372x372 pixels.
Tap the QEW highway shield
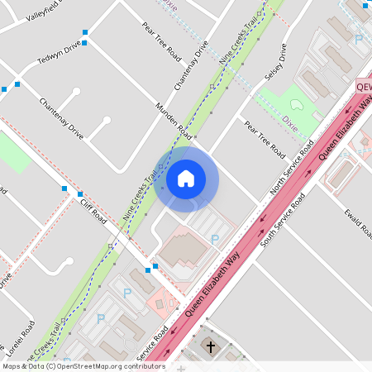[x=364, y=86]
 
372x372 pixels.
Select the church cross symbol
[x=210, y=346]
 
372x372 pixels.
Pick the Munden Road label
[x=174, y=121]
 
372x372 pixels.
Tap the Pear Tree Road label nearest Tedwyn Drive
[x=161, y=41]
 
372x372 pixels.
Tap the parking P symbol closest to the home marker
[x=215, y=240]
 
